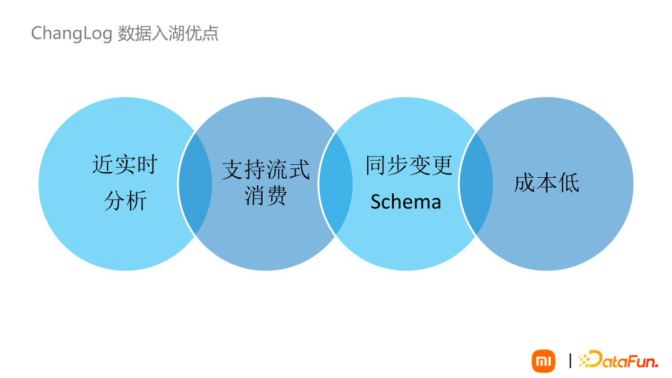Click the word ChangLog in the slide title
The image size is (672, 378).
72,33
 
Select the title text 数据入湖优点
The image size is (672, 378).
168,33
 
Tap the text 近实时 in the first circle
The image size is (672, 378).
125,165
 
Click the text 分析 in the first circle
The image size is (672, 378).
125,201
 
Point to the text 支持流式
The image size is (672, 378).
266,170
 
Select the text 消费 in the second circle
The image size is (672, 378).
266,196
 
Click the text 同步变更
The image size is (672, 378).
409,165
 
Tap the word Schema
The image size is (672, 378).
406,201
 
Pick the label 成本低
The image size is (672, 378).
546,183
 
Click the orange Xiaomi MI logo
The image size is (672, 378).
543,361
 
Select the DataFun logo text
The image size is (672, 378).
622,359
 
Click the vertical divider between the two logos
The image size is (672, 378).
571,361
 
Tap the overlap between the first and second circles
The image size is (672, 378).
195,183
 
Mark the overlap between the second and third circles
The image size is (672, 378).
335,183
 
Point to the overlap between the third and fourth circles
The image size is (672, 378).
476,183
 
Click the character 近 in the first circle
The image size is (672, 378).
103,165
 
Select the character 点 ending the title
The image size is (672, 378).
211,33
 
